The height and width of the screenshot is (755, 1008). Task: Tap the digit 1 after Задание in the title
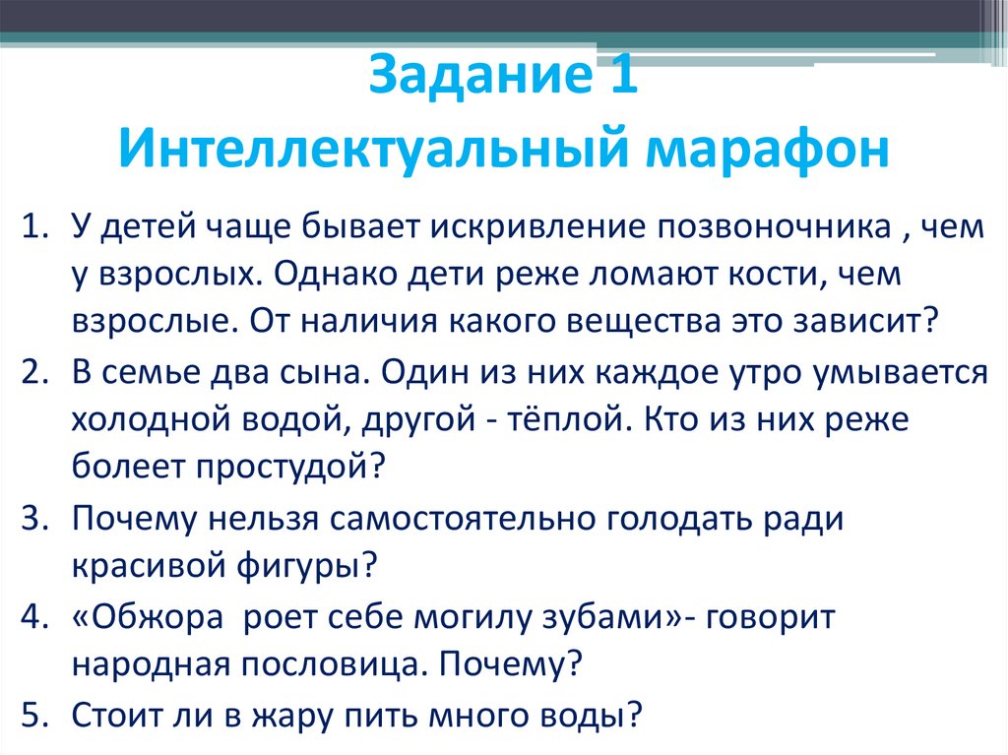pos(620,78)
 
